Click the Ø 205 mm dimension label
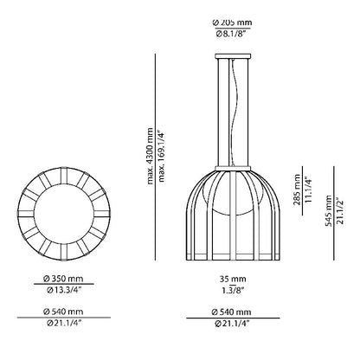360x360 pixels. click(232, 22)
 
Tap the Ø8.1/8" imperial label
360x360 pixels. click(232, 35)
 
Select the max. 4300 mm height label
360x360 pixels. click(150, 156)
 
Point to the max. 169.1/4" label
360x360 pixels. click(162, 157)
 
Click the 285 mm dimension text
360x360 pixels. click(297, 190)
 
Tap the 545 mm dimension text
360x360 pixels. click(329, 211)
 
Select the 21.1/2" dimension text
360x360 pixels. click(340, 211)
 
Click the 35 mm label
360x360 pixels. click(233, 279)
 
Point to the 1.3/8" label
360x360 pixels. click(233, 290)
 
